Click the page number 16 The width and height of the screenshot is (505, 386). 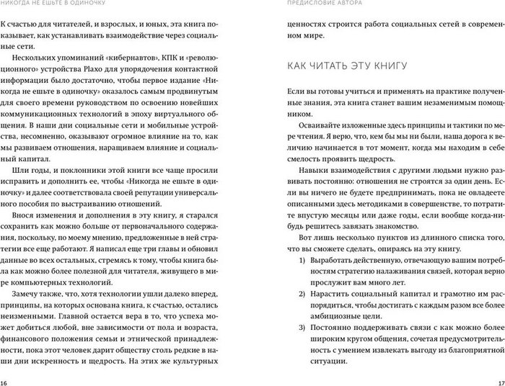click(x=5, y=381)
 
